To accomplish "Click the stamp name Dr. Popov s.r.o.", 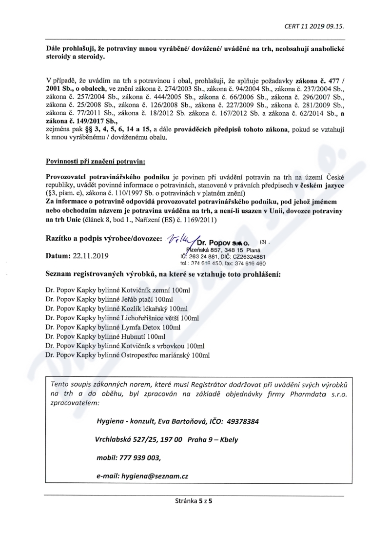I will coord(224,241).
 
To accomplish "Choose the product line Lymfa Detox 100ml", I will coord(113,327).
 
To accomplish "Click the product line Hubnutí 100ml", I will coord(105,336).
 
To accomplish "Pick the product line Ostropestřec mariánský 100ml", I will coord(128,355).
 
